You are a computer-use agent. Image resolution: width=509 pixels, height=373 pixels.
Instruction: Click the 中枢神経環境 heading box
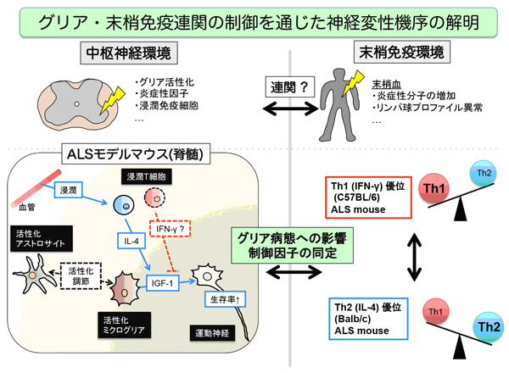(127, 53)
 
